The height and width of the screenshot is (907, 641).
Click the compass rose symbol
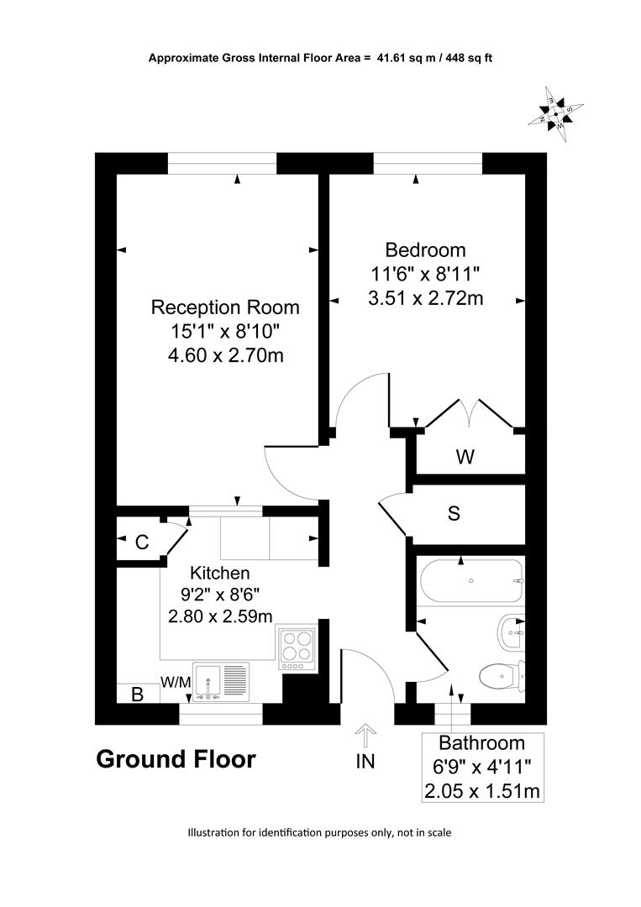coord(556,114)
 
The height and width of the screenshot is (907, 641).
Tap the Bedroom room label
coord(425,250)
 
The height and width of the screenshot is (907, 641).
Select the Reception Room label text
coord(225,307)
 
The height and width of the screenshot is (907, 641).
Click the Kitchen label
coord(220,573)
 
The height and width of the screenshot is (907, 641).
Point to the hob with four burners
coord(297,647)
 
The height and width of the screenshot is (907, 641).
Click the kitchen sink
coord(220,683)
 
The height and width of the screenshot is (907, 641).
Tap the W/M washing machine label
coord(176,683)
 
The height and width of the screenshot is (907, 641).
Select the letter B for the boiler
coord(137,694)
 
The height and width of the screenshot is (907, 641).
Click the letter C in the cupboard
coord(142,542)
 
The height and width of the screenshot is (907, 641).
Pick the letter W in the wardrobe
coord(465,457)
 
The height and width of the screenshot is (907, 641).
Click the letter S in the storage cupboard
coord(454,512)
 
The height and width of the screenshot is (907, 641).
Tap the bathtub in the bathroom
coord(471,581)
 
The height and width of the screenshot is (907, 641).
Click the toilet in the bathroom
coord(502,675)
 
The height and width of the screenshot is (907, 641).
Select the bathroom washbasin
coord(511,633)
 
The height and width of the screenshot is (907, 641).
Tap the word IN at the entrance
coord(365,761)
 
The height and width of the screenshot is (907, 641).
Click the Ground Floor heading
coord(176,759)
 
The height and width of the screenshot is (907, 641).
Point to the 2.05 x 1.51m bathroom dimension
coord(482,791)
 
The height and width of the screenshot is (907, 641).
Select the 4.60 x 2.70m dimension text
coord(226,354)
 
